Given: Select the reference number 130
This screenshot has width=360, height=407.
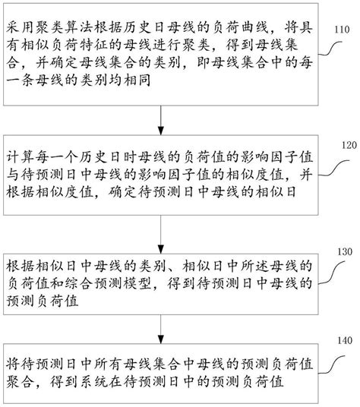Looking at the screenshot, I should point(339,251).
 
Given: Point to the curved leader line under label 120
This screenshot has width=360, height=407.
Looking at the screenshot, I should point(330,163).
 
